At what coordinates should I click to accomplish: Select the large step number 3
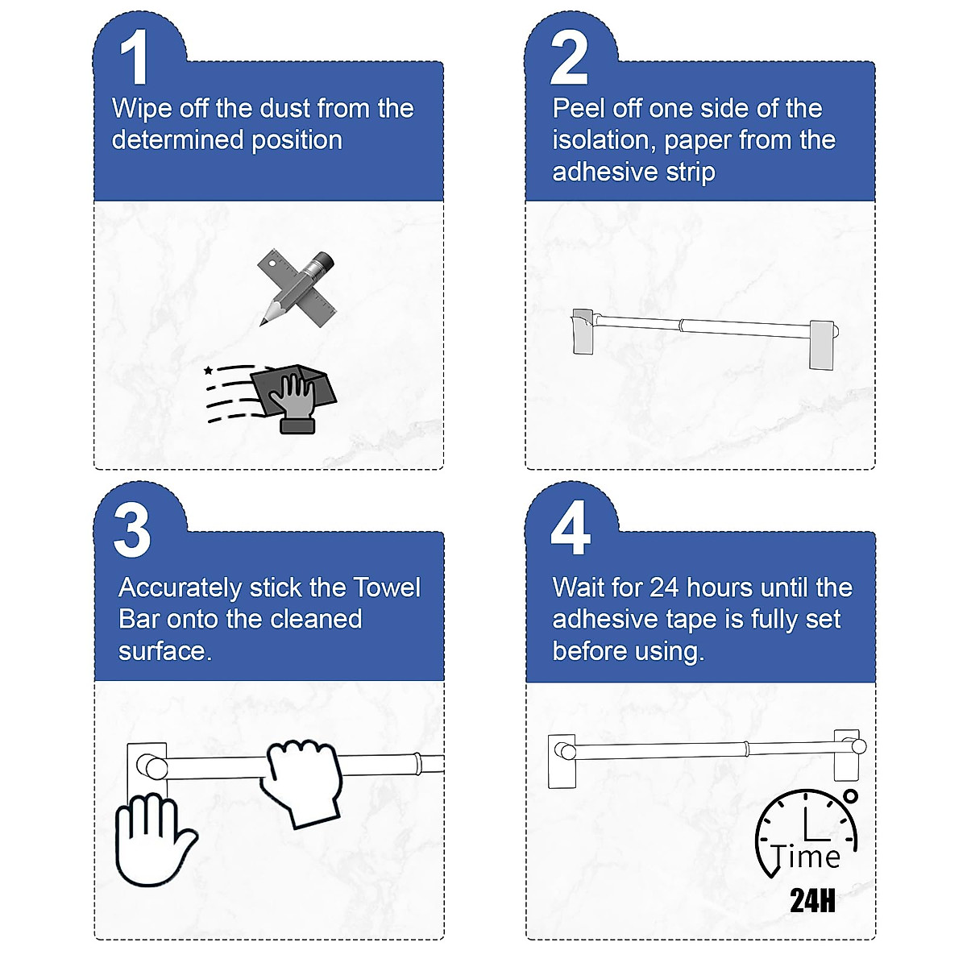132,529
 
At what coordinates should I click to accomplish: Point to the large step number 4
571,527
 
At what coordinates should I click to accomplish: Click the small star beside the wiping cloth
208,371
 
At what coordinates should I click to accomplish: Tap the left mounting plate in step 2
583,332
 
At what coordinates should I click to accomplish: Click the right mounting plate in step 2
822,345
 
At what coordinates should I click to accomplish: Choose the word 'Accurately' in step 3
181,588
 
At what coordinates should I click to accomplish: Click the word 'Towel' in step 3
387,587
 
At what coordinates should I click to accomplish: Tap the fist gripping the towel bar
302,782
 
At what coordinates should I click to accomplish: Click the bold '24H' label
812,900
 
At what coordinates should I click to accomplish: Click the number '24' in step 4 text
664,587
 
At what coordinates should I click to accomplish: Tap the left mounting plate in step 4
562,762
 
